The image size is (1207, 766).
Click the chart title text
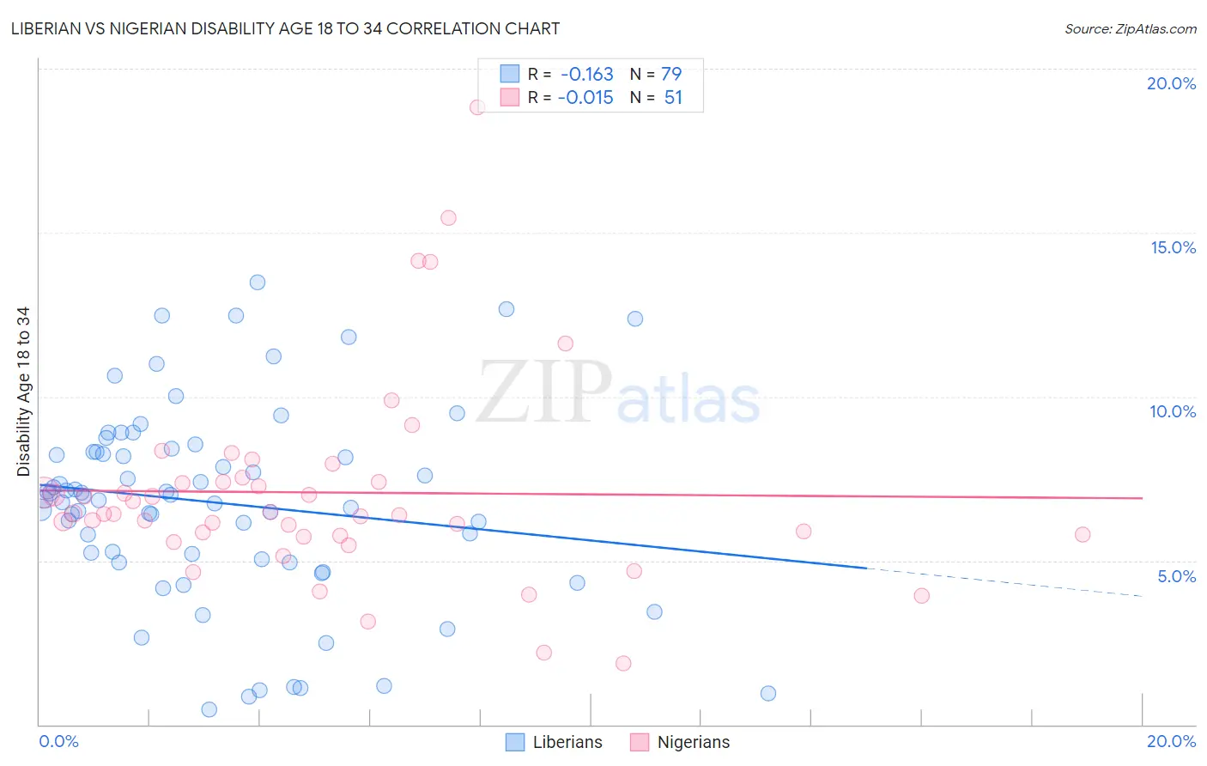click(285, 29)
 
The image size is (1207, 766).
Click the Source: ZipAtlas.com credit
click(1130, 29)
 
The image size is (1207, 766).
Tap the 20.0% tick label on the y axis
click(1171, 83)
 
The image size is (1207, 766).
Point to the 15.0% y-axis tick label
click(1173, 247)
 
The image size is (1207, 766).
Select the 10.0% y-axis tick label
click(1173, 411)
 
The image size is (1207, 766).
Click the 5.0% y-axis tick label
click(1176, 576)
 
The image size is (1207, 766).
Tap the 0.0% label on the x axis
click(58, 741)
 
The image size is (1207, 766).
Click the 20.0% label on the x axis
click(1171, 741)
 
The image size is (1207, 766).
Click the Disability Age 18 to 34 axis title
click(23, 392)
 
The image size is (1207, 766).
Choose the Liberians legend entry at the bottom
click(567, 743)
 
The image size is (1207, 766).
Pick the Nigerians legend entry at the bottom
click(693, 743)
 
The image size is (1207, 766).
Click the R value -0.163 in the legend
click(587, 75)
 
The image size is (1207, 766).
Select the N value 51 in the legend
click(673, 98)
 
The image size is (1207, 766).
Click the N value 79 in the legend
click(671, 75)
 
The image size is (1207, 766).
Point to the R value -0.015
click(585, 98)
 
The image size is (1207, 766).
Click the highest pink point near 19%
click(477, 107)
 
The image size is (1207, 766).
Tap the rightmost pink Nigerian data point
click(1083, 535)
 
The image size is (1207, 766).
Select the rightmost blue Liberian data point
click(768, 694)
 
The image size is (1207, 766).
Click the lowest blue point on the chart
click(209, 709)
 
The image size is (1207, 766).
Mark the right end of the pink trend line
click(1143, 498)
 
